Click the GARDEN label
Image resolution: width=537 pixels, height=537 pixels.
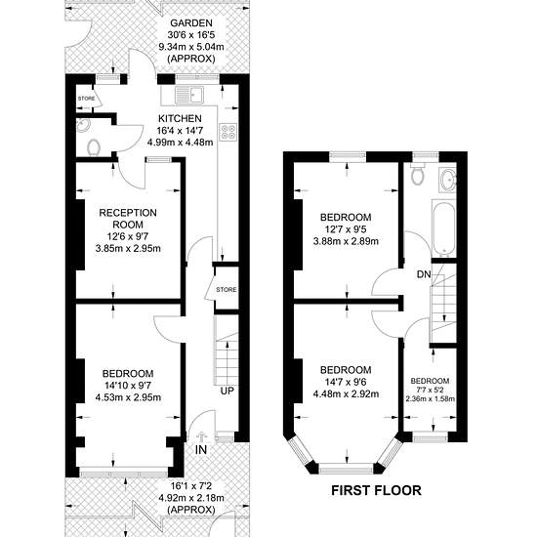pyautogui.click(x=191, y=23)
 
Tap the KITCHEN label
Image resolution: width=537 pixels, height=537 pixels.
pyautogui.click(x=180, y=118)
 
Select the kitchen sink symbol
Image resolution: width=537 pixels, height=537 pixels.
pyautogui.click(x=189, y=95)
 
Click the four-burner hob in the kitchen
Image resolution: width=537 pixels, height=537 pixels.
pyautogui.click(x=228, y=132)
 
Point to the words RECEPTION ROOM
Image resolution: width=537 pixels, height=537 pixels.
pyautogui.click(x=128, y=219)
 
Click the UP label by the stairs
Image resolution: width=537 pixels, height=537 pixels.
pyautogui.click(x=227, y=391)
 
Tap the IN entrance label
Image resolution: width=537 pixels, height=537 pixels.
pyautogui.click(x=201, y=450)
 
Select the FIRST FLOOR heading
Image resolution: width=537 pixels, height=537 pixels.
pyautogui.click(x=376, y=490)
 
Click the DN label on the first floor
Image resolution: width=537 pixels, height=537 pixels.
pyautogui.click(x=424, y=274)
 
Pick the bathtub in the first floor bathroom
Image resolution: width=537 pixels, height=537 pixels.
pyautogui.click(x=443, y=228)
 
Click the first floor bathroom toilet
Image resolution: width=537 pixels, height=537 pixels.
pyautogui.click(x=418, y=174)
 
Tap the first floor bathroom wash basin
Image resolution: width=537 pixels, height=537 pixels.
pyautogui.click(x=448, y=179)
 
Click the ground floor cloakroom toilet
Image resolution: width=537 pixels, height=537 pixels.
pyautogui.click(x=93, y=148)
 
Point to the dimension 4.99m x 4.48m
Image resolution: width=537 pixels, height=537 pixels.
pyautogui.click(x=180, y=142)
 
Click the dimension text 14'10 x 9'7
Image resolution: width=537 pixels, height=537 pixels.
pyautogui.click(x=128, y=386)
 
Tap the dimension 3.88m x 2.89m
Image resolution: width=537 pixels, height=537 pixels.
pyautogui.click(x=346, y=241)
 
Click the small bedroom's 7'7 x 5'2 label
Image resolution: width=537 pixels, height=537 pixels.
pyautogui.click(x=431, y=391)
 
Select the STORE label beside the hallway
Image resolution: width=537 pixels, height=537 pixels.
pyautogui.click(x=227, y=290)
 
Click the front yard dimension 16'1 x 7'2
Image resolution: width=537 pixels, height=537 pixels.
pyautogui.click(x=191, y=486)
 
